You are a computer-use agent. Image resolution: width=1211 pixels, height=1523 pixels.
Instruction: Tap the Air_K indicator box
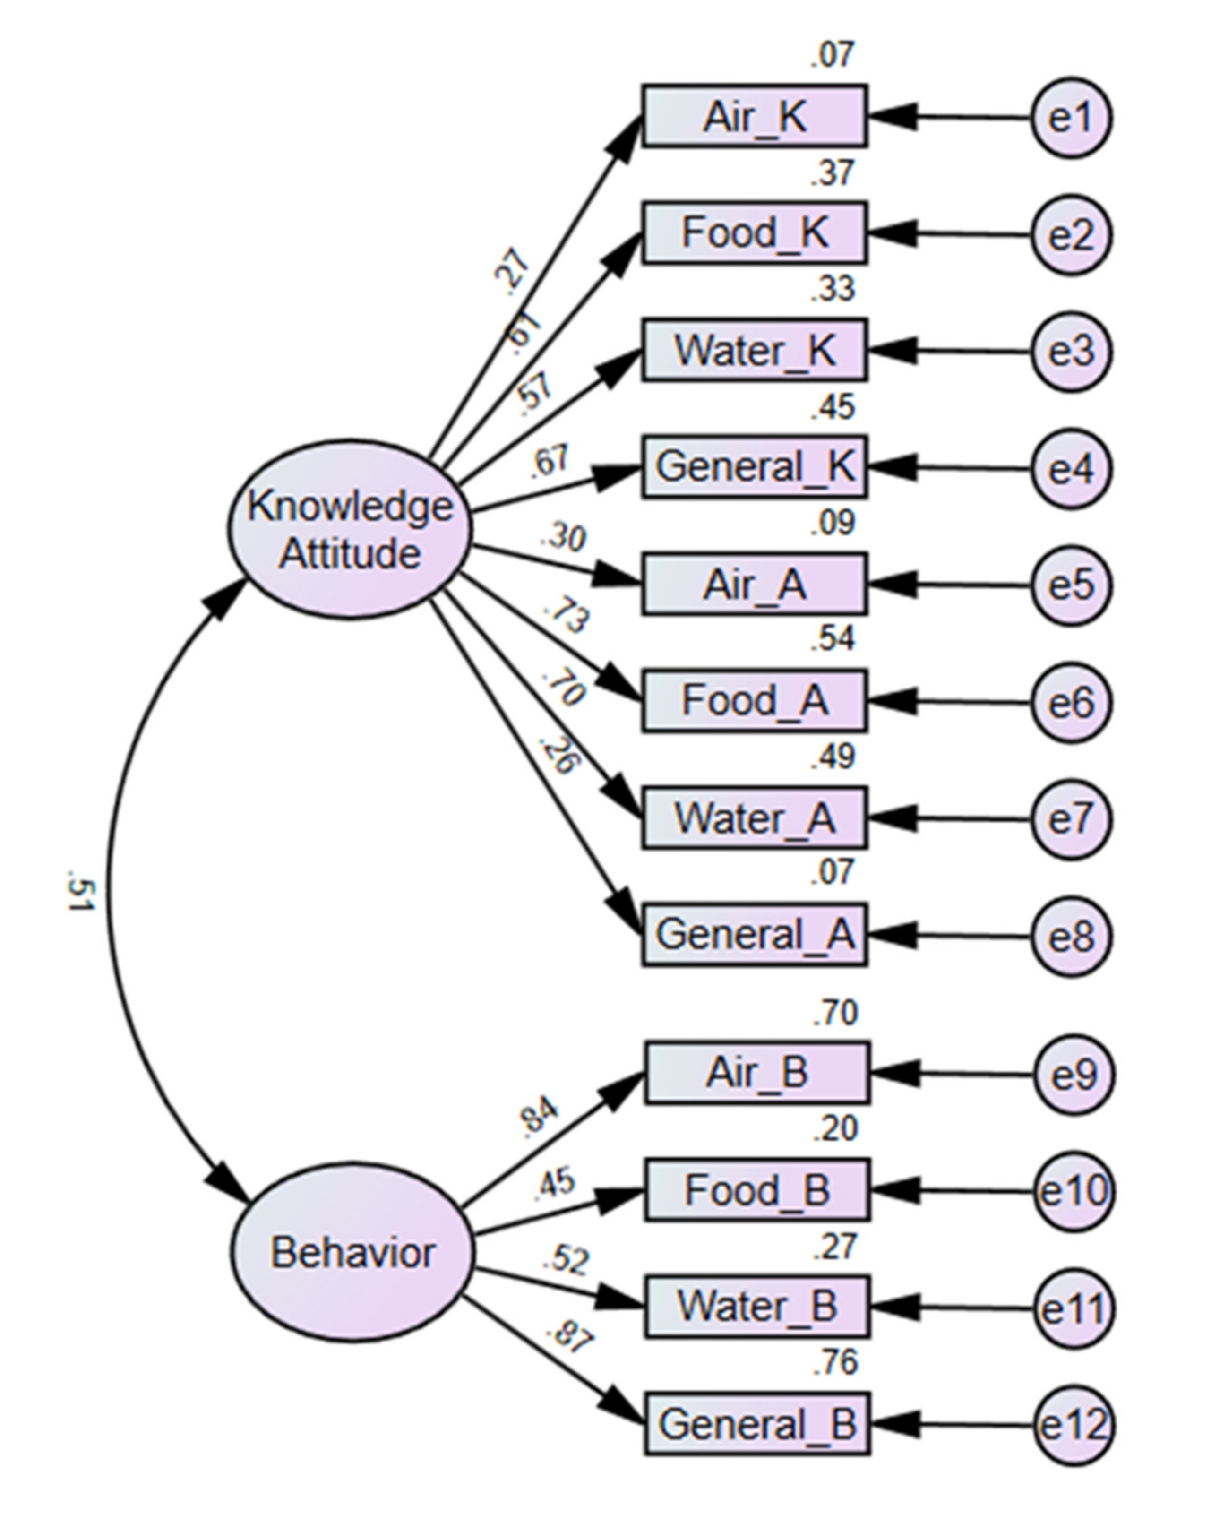[x=755, y=117]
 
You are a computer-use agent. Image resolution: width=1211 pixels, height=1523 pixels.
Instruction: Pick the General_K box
[x=755, y=467]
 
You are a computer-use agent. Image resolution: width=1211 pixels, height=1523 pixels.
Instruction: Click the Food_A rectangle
[x=755, y=701]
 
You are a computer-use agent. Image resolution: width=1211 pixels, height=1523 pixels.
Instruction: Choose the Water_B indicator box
[x=757, y=1306]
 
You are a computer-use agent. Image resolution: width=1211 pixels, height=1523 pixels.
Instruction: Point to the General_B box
[x=757, y=1423]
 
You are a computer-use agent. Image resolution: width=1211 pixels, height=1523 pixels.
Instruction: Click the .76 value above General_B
[x=834, y=1362]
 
